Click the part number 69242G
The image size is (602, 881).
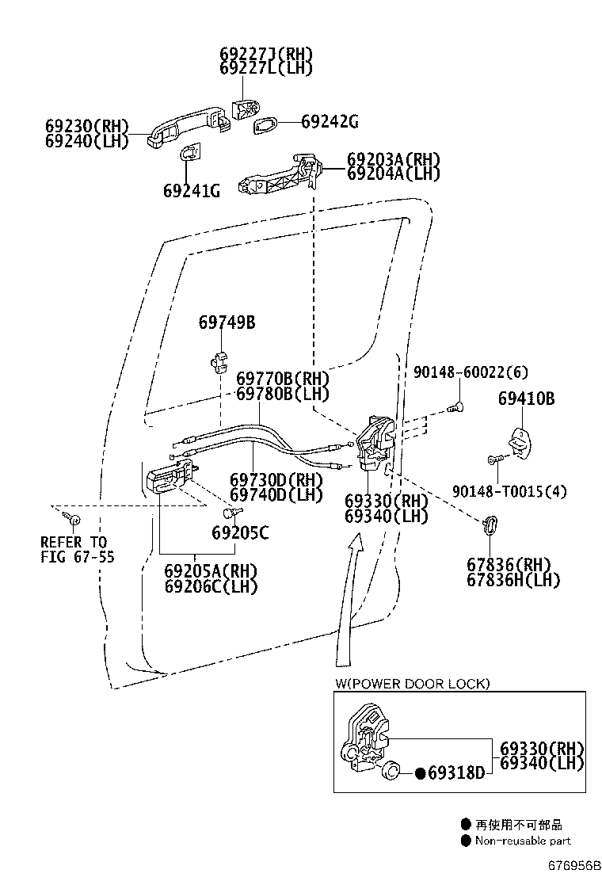pyautogui.click(x=330, y=122)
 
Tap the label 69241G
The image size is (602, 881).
pyautogui.click(x=192, y=191)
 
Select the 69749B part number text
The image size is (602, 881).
pyautogui.click(x=227, y=322)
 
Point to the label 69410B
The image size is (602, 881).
pyautogui.click(x=526, y=399)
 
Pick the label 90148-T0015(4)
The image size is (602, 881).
pyautogui.click(x=509, y=491)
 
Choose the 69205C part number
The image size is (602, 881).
pyautogui.click(x=240, y=533)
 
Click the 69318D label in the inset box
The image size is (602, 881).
pyautogui.click(x=455, y=772)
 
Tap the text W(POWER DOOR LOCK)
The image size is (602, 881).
pyautogui.click(x=412, y=683)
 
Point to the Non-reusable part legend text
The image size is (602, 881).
pyautogui.click(x=523, y=841)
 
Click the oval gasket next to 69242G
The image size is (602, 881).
pyautogui.click(x=266, y=124)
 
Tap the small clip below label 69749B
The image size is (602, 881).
pyautogui.click(x=219, y=358)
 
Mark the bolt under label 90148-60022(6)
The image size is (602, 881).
pyautogui.click(x=456, y=408)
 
